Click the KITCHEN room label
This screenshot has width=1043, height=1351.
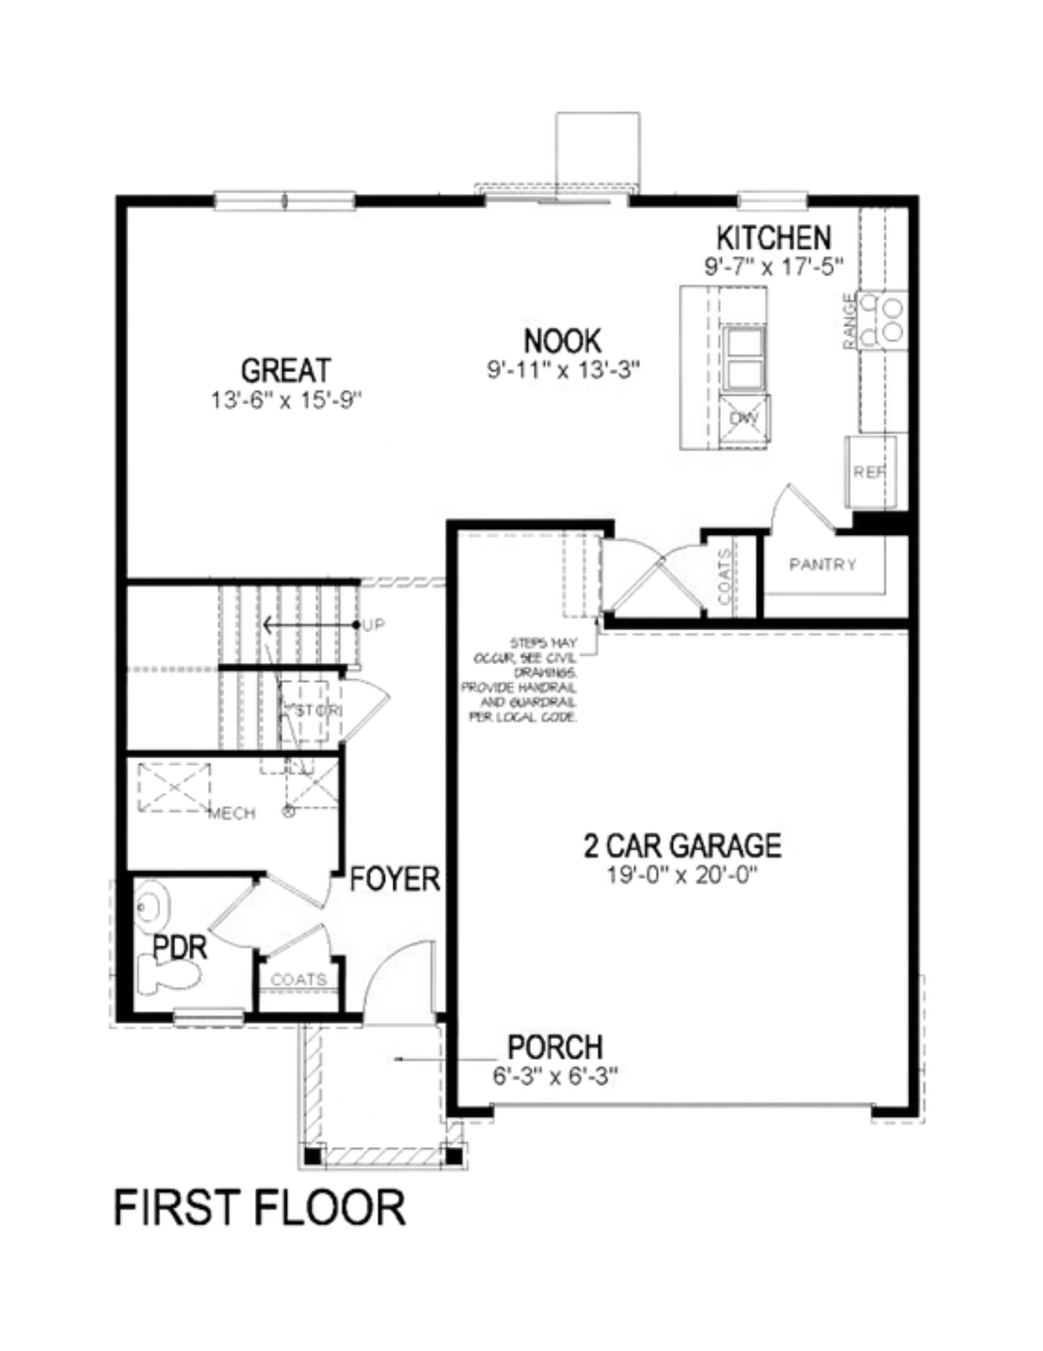773,238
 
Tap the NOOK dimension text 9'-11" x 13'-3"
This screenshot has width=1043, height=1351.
563,369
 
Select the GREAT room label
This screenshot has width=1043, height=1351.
286,370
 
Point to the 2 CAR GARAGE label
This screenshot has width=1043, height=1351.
683,845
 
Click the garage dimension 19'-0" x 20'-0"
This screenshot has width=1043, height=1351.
683,875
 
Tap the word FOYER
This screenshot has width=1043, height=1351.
394,879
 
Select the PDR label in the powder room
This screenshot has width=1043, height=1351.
180,947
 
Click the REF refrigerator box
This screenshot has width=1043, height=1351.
870,472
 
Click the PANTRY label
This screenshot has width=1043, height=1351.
822,564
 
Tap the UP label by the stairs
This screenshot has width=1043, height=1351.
373,625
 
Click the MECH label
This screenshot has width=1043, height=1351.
232,813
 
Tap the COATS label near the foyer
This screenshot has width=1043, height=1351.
298,979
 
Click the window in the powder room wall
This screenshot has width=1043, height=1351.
209,1016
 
